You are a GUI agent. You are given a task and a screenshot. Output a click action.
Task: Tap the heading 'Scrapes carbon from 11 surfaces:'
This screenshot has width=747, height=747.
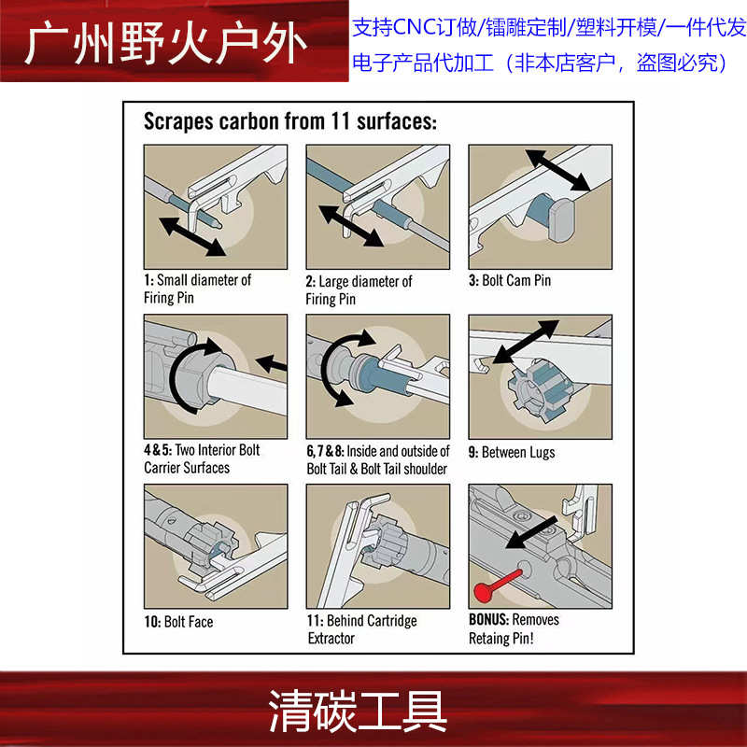(x=290, y=121)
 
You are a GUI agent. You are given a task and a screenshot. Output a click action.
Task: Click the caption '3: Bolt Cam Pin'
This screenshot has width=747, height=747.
(x=510, y=280)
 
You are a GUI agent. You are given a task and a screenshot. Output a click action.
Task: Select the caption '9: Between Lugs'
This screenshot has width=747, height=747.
(x=512, y=452)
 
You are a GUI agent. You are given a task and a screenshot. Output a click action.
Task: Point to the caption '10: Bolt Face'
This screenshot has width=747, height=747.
(x=178, y=621)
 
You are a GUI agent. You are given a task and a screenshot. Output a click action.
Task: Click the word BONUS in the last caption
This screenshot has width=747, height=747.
(x=489, y=619)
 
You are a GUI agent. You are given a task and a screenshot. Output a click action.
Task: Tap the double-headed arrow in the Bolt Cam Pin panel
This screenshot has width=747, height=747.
(x=557, y=171)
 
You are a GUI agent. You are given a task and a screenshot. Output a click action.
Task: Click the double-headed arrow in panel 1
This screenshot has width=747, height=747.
(x=192, y=237)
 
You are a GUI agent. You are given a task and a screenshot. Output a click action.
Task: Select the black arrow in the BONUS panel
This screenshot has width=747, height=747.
(x=531, y=532)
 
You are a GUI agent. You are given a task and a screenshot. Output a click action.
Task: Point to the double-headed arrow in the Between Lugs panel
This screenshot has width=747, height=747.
(x=526, y=342)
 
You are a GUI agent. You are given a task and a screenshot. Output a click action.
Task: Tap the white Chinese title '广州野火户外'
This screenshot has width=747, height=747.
(x=166, y=44)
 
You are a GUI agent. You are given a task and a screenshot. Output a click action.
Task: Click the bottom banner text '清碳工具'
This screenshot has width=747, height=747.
(x=358, y=712)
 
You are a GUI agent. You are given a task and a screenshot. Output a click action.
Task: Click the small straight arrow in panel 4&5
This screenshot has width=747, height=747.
(x=272, y=364)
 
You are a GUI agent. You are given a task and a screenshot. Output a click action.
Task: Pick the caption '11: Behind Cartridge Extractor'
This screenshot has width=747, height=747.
(x=361, y=629)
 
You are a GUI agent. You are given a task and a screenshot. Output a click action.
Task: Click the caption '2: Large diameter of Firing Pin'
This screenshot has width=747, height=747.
(x=359, y=290)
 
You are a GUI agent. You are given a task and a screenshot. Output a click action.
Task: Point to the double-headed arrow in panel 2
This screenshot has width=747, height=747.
(x=351, y=226)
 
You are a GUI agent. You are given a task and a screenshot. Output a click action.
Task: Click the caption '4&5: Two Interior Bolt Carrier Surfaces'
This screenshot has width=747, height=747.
(x=202, y=458)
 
